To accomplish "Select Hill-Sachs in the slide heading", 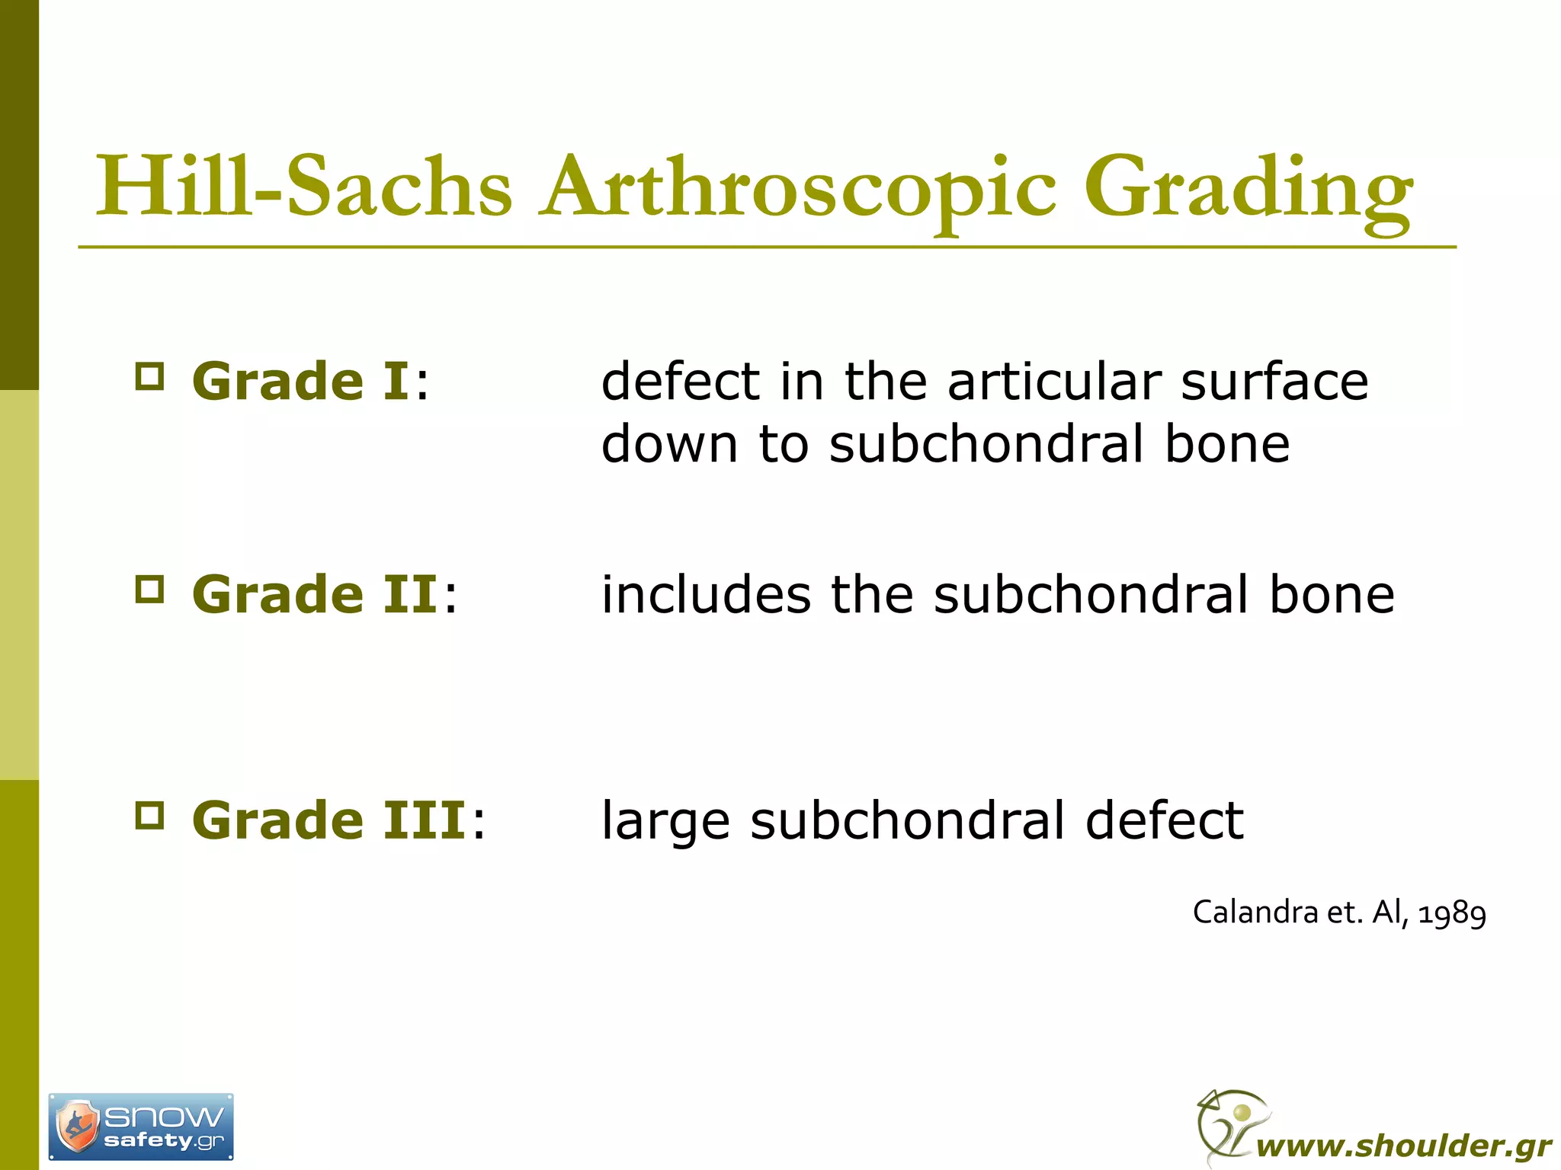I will [x=304, y=187].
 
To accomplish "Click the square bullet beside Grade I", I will [x=149, y=376].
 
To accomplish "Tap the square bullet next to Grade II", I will [x=149, y=590].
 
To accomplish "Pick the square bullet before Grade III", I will [x=149, y=815].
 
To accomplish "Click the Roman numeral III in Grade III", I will [x=424, y=820].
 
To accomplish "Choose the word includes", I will [x=706, y=595].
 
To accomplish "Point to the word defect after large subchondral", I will [x=1164, y=820].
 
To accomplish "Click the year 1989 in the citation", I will [x=1452, y=913].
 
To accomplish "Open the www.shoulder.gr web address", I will [x=1403, y=1146].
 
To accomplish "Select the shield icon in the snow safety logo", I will [x=78, y=1126].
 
